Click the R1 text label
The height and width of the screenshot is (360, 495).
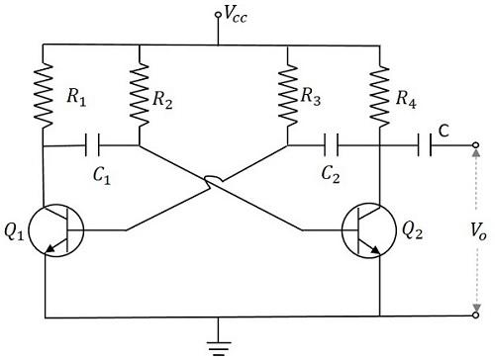(76, 99)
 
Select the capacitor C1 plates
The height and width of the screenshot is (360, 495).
(93, 146)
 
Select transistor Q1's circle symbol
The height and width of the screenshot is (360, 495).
(54, 231)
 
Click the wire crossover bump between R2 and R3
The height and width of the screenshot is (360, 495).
(213, 181)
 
